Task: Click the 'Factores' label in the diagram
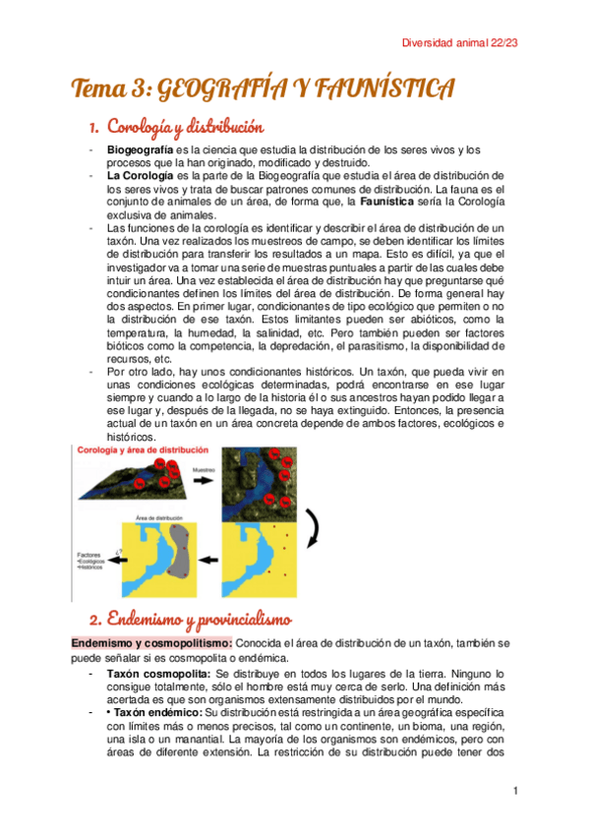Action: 90,555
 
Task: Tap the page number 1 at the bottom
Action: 515,790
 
